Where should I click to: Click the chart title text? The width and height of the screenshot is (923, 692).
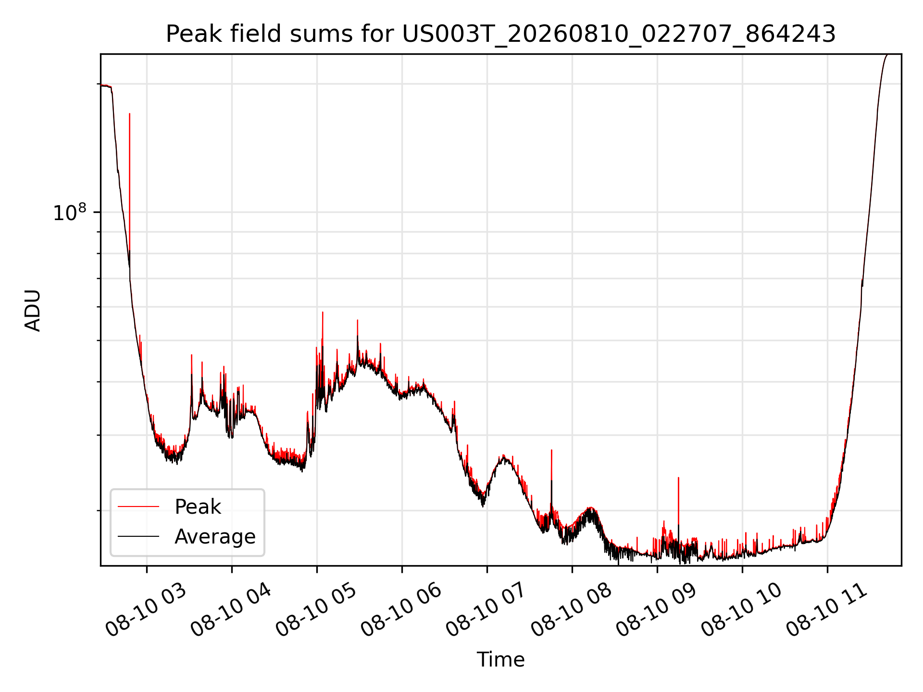tap(500, 34)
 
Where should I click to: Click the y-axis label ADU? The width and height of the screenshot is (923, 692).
tap(33, 310)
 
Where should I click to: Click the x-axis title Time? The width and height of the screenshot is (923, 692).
tap(500, 659)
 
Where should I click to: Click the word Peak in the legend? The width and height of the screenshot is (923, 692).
tap(198, 507)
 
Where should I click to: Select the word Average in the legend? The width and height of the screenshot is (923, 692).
tap(215, 536)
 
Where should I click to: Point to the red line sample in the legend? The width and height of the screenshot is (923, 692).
tap(138, 507)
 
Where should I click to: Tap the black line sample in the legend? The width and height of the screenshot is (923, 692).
tap(138, 536)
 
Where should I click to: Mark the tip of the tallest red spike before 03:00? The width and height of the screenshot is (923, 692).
tap(129, 114)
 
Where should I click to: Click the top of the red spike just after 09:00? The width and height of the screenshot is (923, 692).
tap(678, 478)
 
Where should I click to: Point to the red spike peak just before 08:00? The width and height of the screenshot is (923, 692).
tap(551, 450)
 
